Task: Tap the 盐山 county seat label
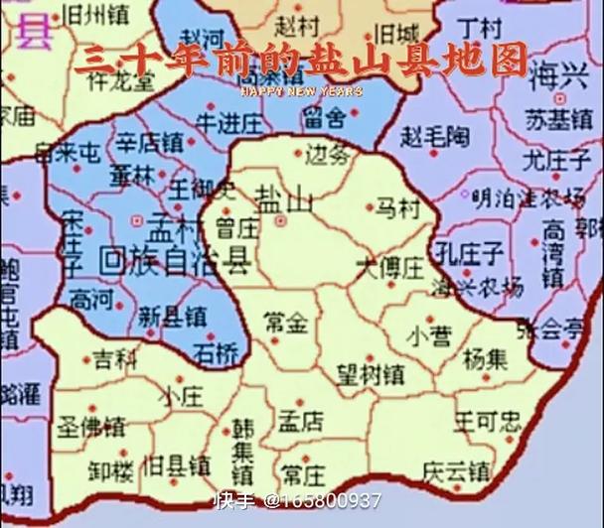(283, 198)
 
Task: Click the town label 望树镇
(370, 374)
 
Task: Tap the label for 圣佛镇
(91, 427)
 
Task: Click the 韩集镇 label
(244, 449)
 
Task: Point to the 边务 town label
(328, 154)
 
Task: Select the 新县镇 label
(172, 317)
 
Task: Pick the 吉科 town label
(114, 360)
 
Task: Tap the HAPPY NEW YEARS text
(302, 91)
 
